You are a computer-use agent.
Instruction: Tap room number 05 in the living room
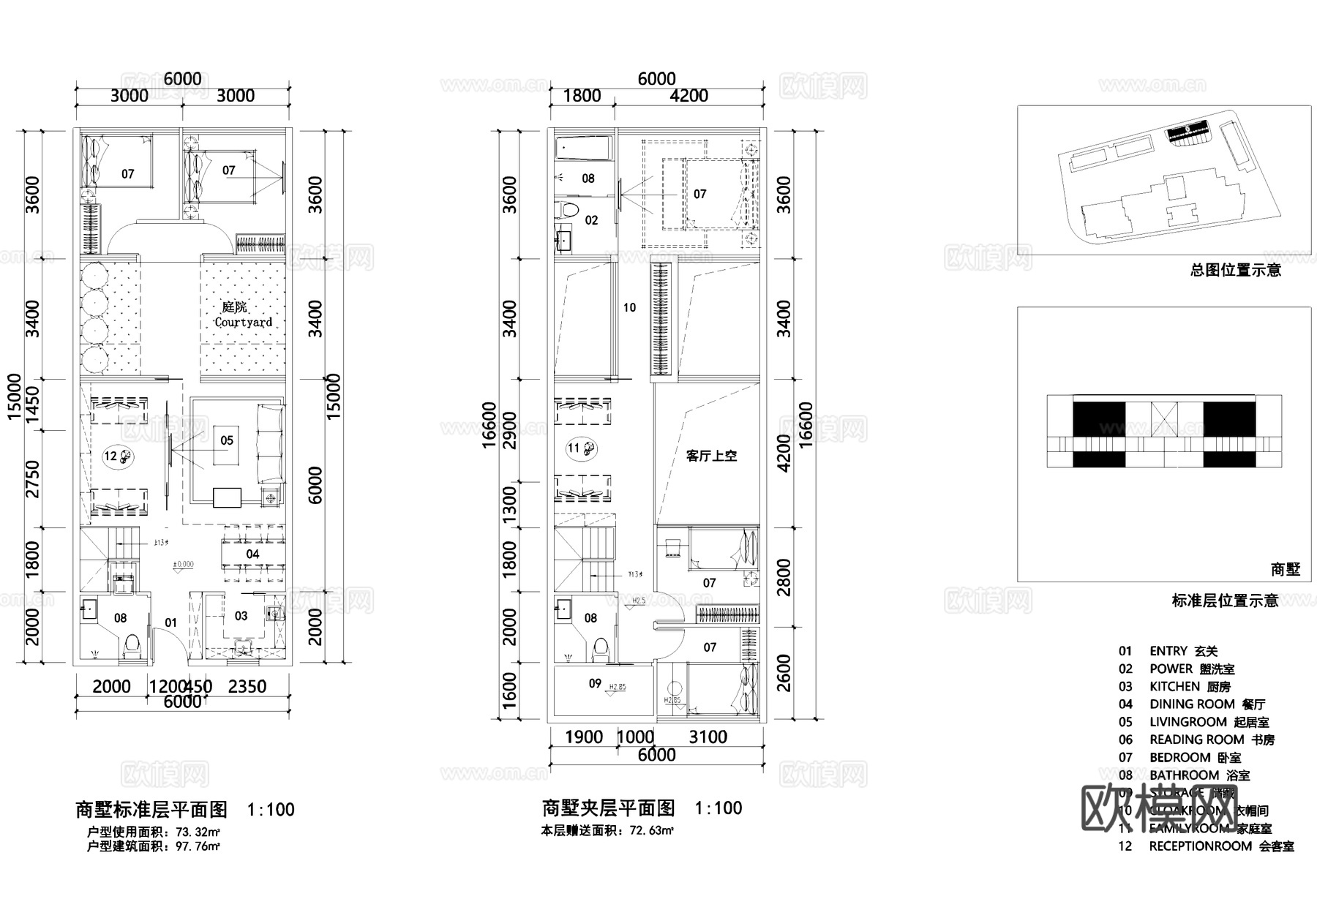point(227,440)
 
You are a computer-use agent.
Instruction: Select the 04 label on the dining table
point(252,554)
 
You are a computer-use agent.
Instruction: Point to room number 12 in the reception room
point(110,456)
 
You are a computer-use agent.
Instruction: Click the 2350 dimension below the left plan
point(247,687)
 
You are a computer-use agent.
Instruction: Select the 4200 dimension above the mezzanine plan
point(688,96)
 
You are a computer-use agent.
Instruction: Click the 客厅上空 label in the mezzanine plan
point(711,456)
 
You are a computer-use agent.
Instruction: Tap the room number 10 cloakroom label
point(629,308)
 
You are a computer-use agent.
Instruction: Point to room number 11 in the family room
point(573,448)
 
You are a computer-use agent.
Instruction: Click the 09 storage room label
point(595,684)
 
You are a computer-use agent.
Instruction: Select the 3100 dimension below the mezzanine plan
point(708,737)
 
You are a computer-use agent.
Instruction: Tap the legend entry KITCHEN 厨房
point(1190,687)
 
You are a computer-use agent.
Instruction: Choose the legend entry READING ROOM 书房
point(1212,740)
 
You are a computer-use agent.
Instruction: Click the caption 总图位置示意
point(1235,271)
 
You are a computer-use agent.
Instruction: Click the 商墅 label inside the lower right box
point(1286,569)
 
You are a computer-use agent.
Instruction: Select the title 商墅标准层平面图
point(151,810)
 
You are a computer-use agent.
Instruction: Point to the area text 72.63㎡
point(650,831)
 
